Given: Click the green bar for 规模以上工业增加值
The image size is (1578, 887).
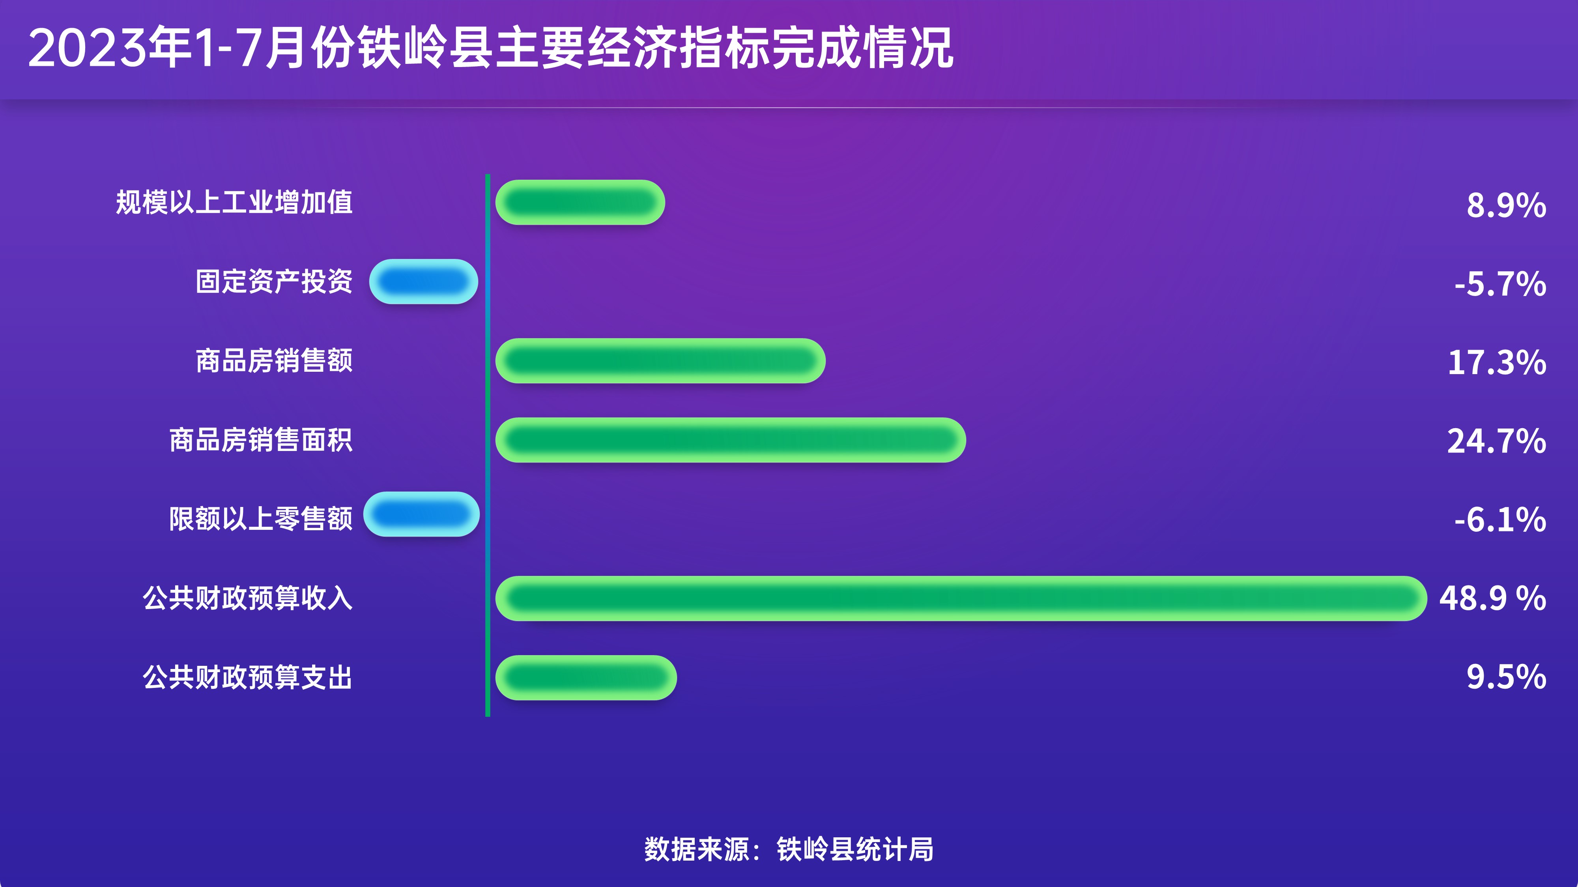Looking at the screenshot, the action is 580,203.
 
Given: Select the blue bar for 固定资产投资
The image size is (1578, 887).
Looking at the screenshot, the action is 423,281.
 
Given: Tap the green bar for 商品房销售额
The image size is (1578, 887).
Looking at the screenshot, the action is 660,361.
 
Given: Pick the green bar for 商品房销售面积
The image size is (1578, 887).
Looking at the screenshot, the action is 731,440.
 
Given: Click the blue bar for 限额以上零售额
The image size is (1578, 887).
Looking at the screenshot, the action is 421,514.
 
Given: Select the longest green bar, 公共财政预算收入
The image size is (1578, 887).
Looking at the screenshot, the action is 961,599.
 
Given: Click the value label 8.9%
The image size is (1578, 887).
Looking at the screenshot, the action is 1506,205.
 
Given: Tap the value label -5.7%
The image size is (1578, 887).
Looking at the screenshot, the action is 1500,284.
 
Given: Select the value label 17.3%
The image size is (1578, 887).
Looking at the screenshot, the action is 1497,362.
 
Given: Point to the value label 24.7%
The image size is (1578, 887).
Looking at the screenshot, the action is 1496,442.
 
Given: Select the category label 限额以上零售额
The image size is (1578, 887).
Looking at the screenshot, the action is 261,519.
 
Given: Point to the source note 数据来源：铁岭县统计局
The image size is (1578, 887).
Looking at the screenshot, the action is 789,850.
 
